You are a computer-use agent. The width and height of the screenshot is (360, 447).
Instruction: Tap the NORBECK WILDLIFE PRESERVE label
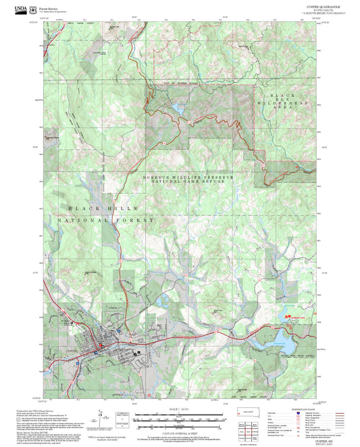187,177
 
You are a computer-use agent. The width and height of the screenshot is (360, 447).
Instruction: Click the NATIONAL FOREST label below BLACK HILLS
107,221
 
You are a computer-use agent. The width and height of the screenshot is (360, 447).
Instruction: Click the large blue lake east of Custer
282,342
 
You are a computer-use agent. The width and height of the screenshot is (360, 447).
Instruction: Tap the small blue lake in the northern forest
177,108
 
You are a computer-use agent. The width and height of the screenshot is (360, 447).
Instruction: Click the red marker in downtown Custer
101,345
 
